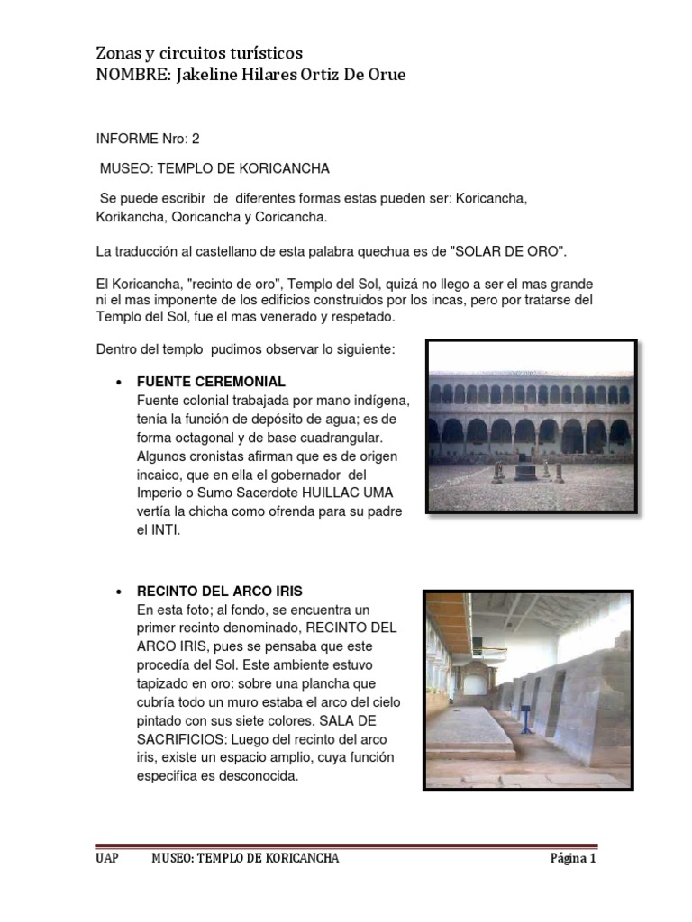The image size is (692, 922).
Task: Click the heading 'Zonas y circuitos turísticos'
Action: pos(199,53)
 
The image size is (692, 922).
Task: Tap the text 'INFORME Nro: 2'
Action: pos(148,140)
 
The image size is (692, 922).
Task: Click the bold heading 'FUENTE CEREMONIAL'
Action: pos(211,381)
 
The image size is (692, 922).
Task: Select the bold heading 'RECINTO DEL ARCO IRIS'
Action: pos(219,592)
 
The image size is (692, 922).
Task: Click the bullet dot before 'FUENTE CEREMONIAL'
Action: pos(119,382)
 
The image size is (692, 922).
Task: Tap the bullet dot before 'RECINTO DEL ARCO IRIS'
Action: pos(119,592)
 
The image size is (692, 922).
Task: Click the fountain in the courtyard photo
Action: pos(525,469)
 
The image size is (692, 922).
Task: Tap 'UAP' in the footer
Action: pos(106,858)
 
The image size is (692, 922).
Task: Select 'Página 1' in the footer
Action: pos(573,858)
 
